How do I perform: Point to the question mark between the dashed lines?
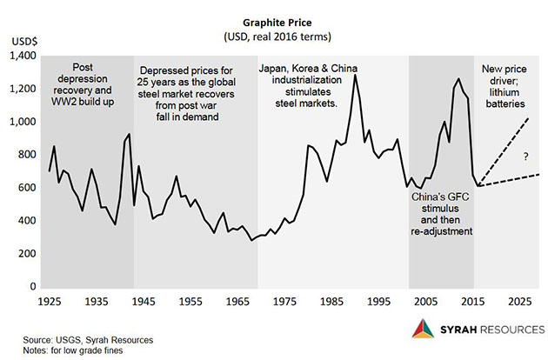coord(526,157)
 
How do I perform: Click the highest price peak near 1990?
coord(355,75)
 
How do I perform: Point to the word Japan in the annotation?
coord(277,70)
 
